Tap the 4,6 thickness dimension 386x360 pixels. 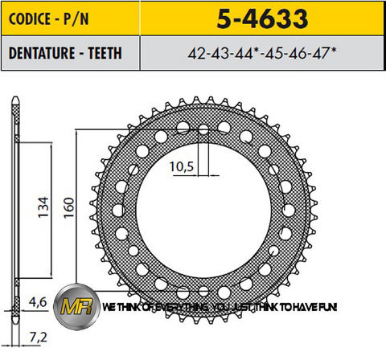coord(38,303)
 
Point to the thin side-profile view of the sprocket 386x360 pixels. coord(15,209)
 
